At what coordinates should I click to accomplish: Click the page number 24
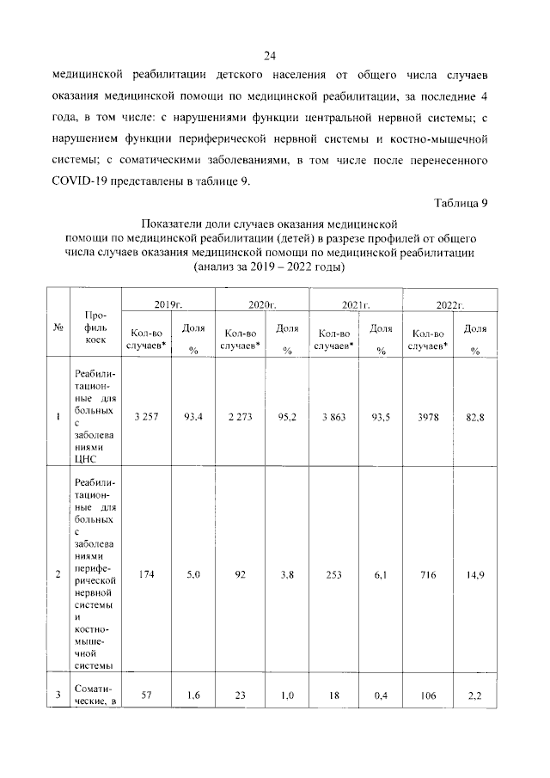[x=269, y=57]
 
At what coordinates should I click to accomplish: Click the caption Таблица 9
[x=461, y=203]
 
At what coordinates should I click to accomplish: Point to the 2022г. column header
[x=449, y=305]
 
